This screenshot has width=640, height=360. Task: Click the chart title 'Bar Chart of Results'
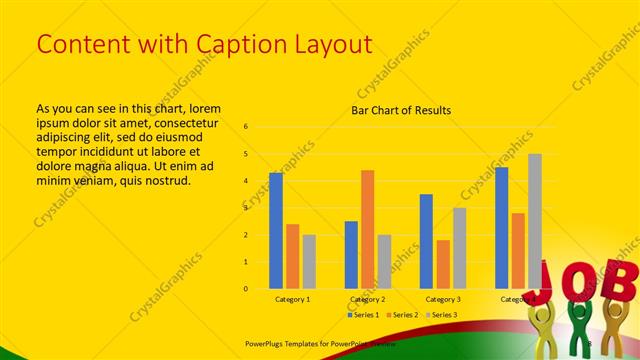point(401,110)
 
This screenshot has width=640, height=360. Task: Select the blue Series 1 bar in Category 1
point(276,230)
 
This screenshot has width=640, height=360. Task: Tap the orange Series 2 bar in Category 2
point(368,229)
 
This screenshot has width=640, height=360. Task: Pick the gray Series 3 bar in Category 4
point(535,221)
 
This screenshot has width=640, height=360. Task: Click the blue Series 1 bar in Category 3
point(426,241)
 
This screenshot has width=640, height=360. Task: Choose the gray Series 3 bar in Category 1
point(309,261)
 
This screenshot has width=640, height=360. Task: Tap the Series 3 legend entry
point(441,315)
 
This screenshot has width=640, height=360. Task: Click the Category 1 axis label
point(293,299)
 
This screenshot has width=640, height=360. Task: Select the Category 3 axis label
point(443,299)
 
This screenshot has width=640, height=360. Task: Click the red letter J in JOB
point(554,279)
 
